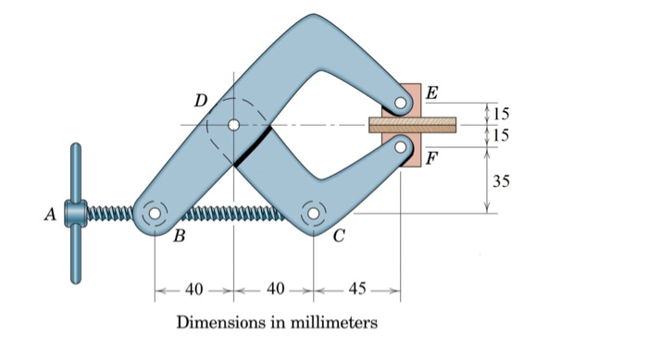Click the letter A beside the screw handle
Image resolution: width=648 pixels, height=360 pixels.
click(51, 215)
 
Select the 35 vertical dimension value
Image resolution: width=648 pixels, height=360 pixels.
click(501, 180)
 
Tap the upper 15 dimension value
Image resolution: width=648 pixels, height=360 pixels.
click(500, 114)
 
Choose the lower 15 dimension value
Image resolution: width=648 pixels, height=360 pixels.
click(500, 135)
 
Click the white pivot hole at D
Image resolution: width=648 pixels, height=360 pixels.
click(233, 125)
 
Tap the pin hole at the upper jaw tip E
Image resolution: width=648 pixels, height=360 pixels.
click(403, 104)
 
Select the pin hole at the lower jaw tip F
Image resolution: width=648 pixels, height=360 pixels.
click(402, 144)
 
